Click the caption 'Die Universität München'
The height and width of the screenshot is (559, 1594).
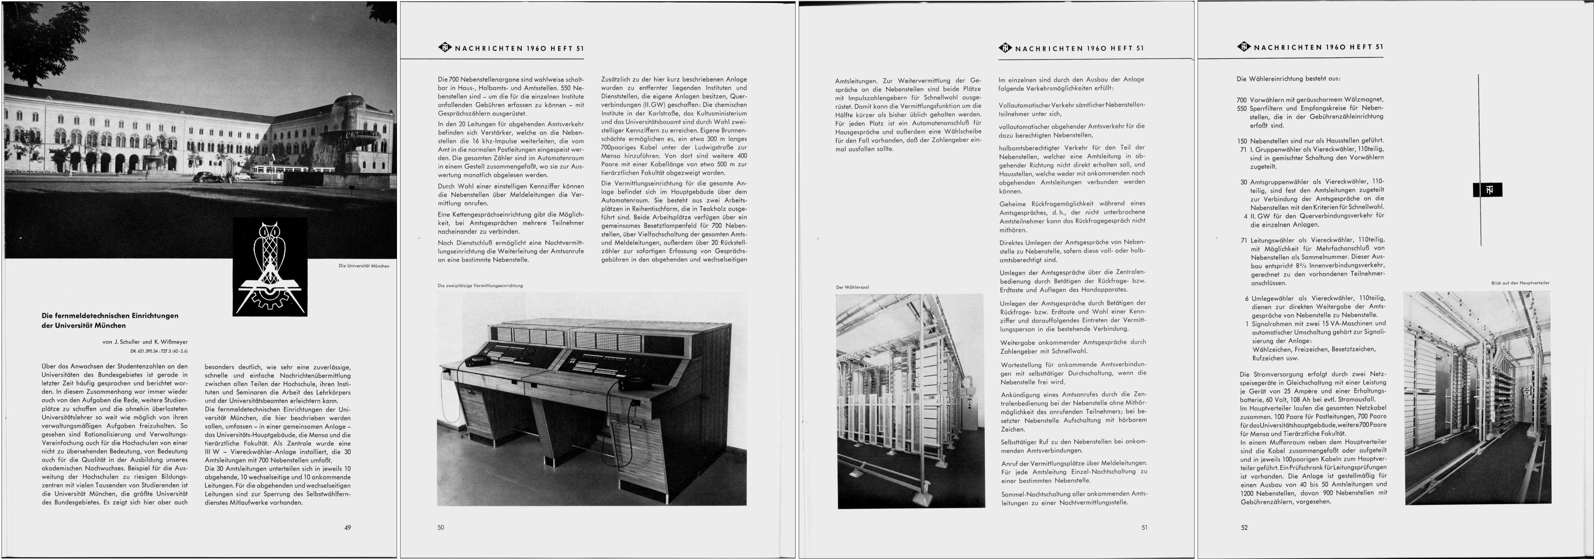(x=364, y=266)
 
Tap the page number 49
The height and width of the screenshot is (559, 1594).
(x=348, y=527)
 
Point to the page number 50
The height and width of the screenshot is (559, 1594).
(x=441, y=527)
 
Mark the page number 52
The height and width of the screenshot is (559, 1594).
(x=1244, y=527)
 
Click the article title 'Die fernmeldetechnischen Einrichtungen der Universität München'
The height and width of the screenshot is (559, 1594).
(x=110, y=320)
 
